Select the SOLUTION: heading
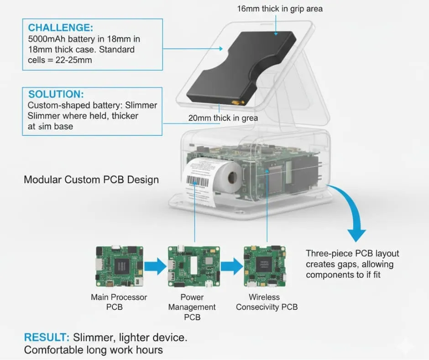(x=56, y=94)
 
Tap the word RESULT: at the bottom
(x=46, y=338)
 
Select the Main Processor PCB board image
(x=118, y=266)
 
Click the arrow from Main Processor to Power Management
(x=155, y=266)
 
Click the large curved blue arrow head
(x=356, y=233)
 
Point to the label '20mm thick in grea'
(x=223, y=118)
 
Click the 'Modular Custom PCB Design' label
(x=91, y=179)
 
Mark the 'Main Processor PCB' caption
(x=119, y=302)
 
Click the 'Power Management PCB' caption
(x=192, y=307)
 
